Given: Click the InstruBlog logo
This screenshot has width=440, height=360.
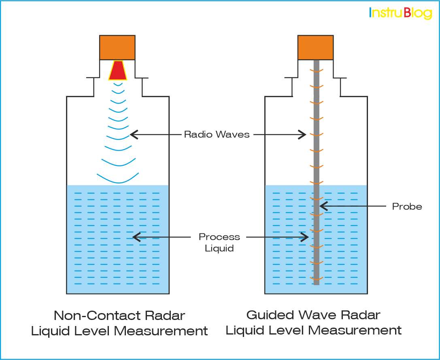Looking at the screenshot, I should (400, 13).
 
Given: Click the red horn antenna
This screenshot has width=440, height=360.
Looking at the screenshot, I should (117, 71).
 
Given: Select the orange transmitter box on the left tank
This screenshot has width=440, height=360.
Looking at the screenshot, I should (117, 47).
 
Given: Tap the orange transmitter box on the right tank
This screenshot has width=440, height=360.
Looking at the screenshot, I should (316, 47).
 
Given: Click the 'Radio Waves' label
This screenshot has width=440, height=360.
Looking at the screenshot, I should (217, 134).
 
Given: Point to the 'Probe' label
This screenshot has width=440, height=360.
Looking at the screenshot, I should (407, 207).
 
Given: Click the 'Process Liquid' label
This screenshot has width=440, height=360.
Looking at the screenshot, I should (219, 242).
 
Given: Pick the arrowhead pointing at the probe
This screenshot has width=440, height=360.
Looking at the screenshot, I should (322, 206).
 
